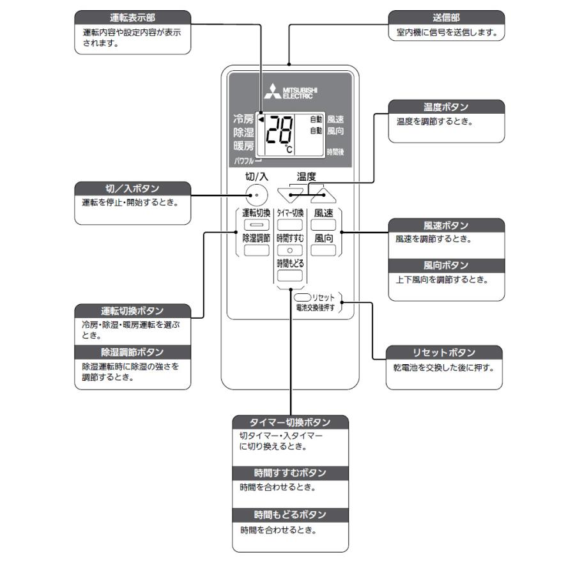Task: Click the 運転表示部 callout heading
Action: pyautogui.click(x=132, y=17)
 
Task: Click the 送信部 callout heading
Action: pyautogui.click(x=446, y=17)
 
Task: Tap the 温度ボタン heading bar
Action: pyautogui.click(x=446, y=106)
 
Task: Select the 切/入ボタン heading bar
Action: pyautogui.click(x=132, y=188)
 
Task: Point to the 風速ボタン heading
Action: pyautogui.click(x=446, y=226)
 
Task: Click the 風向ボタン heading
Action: pyautogui.click(x=446, y=265)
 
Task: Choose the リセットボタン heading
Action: pyautogui.click(x=443, y=353)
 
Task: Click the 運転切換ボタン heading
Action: pyautogui.click(x=132, y=311)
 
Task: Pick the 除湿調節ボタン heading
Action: pyautogui.click(x=132, y=352)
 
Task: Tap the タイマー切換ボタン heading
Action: pyautogui.click(x=291, y=422)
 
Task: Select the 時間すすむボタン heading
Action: pyautogui.click(x=291, y=473)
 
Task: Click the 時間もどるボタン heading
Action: pyautogui.click(x=291, y=515)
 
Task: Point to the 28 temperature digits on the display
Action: pyautogui.click(x=279, y=135)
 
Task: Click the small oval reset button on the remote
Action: pyautogui.click(x=303, y=297)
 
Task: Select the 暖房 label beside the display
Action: pyautogui.click(x=244, y=146)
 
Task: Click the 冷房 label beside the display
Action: pyautogui.click(x=244, y=119)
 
